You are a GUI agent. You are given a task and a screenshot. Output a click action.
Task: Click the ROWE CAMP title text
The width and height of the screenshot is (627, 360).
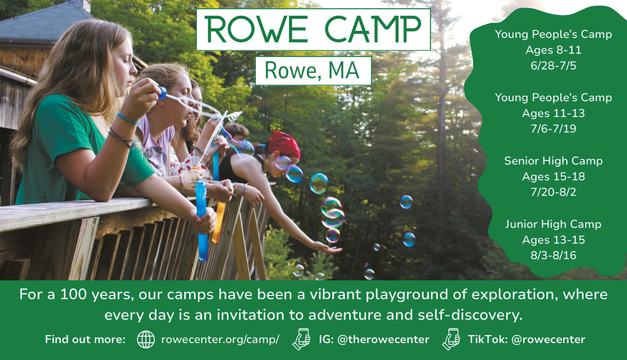click(313, 29)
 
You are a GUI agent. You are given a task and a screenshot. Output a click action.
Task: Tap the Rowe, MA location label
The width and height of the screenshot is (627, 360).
click(312, 70)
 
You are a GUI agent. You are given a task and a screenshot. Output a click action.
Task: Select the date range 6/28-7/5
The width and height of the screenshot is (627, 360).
click(554, 66)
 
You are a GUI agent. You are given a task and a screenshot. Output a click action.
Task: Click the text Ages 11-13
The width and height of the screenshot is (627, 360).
click(554, 113)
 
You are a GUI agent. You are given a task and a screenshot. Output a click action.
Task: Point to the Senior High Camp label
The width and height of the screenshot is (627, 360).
click(554, 161)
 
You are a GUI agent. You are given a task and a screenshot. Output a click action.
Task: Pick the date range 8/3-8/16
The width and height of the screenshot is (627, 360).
click(554, 255)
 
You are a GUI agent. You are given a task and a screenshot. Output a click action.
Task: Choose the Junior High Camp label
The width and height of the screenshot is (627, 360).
click(554, 224)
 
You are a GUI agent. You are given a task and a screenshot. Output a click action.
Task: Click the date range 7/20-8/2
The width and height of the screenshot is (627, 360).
click(554, 192)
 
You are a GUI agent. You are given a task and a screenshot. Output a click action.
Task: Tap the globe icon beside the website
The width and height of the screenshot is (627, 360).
click(146, 339)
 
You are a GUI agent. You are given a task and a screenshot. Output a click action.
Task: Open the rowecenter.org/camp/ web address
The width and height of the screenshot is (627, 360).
click(220, 339)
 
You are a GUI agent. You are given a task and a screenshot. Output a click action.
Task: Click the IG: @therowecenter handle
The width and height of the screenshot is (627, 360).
click(374, 339)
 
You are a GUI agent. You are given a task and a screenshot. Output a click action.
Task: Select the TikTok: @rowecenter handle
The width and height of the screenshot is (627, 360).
click(527, 339)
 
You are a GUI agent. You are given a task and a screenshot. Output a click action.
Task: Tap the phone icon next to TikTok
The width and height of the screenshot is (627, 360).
click(451, 339)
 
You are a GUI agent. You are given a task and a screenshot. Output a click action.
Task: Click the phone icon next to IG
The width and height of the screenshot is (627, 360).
click(302, 339)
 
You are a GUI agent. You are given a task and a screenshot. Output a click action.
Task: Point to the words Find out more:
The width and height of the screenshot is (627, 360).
click(85, 339)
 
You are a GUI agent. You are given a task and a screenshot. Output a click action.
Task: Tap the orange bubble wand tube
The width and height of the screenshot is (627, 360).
click(218, 222)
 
